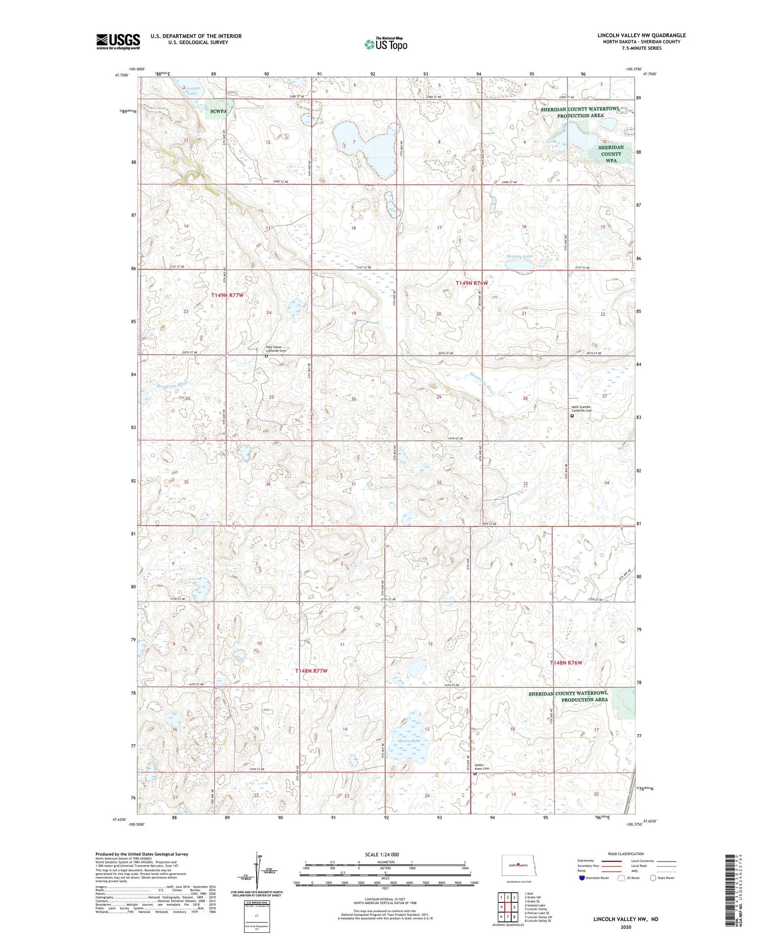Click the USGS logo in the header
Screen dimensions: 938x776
[x=118, y=41]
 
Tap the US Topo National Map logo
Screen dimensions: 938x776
[x=386, y=44]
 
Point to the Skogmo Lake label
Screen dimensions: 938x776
[x=519, y=257]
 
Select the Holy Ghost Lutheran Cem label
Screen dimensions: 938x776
[x=276, y=349]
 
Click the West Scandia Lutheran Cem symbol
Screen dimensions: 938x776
[x=572, y=415]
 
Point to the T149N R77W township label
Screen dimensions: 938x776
[x=227, y=295]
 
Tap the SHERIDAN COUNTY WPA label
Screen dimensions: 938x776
[x=611, y=154]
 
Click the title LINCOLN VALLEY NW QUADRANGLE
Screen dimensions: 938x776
[x=641, y=35]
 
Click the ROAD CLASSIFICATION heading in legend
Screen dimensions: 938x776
[x=626, y=854]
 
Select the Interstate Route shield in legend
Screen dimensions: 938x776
[x=581, y=877]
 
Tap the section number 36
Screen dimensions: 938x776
[x=268, y=484]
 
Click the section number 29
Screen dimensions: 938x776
[x=439, y=397]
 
